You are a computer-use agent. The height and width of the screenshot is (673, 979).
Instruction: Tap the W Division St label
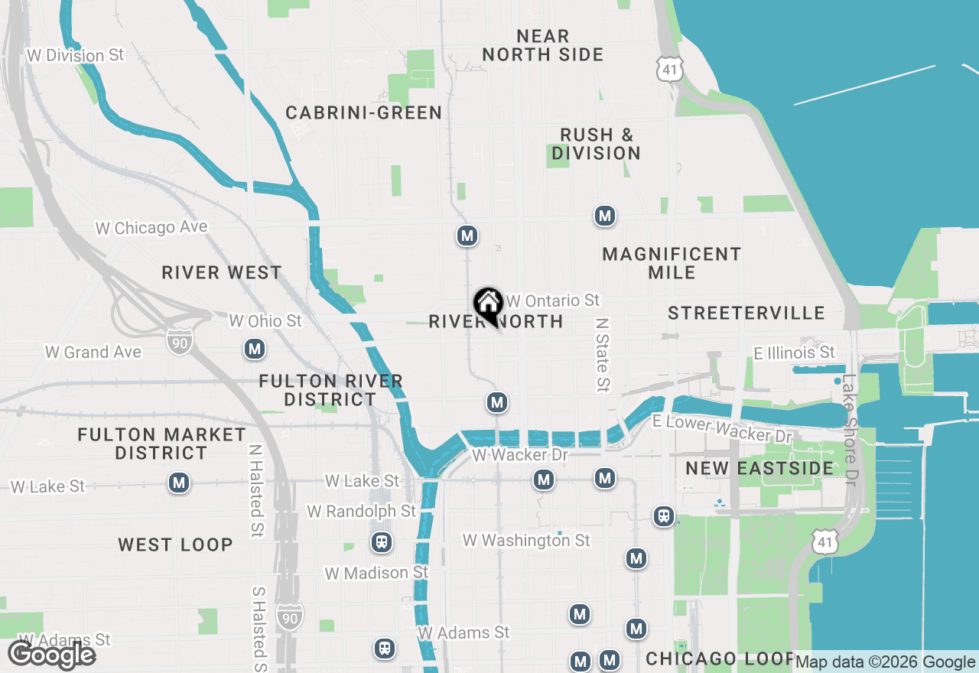75,56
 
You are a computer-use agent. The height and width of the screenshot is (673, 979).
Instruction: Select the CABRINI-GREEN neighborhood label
364,113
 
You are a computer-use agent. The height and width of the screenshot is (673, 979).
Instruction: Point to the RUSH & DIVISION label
596,144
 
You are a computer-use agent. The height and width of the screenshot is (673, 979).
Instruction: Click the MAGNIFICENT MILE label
672,263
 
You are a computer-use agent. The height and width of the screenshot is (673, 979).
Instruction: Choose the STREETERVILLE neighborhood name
746,313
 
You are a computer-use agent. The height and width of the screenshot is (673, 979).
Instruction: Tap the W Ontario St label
553,301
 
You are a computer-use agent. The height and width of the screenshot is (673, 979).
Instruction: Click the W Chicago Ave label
151,227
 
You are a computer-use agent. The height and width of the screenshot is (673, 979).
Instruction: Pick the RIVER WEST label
222,273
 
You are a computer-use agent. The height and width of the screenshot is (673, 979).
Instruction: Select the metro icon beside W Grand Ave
255,350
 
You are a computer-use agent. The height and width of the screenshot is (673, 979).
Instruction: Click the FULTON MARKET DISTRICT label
162,444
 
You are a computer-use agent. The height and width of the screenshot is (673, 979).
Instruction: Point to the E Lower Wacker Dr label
722,429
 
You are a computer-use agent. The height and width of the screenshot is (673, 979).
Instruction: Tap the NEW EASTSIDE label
759,468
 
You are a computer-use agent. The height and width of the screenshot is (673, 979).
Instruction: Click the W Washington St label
526,541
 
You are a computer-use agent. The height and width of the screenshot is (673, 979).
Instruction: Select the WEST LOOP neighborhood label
175,545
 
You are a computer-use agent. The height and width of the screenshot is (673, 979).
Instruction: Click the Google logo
51,655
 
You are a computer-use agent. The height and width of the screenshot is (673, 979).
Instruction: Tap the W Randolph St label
361,511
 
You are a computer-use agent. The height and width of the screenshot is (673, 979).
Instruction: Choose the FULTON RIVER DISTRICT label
330,390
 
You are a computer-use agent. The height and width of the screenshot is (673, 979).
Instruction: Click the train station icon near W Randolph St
381,543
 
